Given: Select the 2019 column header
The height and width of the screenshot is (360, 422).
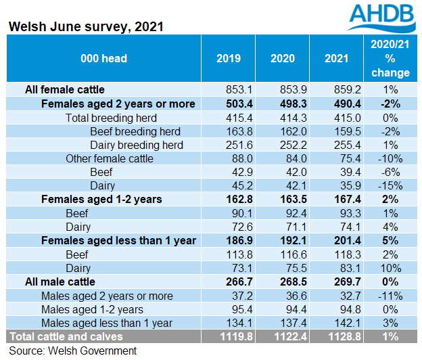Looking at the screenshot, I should (x=228, y=59).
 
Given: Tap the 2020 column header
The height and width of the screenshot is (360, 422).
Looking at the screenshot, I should (x=281, y=59).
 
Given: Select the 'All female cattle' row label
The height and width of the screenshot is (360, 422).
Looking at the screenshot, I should (x=65, y=89).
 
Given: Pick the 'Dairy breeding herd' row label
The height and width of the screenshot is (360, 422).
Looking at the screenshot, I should (x=138, y=145).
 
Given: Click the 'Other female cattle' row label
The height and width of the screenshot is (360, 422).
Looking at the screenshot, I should (x=110, y=158).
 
